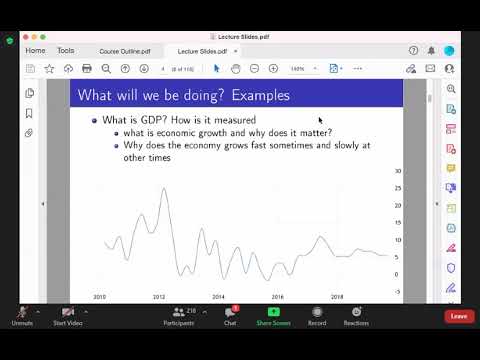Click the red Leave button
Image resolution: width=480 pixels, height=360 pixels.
[459, 316]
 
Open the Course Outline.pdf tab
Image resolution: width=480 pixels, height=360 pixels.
[123, 50]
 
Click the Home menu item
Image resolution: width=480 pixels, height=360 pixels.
[35, 50]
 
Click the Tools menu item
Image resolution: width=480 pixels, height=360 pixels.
[66, 50]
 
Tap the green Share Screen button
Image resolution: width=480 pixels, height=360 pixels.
[273, 316]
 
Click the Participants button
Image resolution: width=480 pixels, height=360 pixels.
[183, 316]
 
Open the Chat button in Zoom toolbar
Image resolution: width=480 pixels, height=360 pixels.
[230, 316]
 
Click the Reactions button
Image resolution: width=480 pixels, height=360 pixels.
[356, 316]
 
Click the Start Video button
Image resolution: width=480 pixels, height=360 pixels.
[68, 316]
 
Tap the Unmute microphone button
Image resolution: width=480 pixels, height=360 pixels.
[21, 316]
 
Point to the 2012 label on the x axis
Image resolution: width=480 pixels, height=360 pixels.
[159, 297]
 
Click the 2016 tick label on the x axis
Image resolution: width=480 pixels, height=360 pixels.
[278, 297]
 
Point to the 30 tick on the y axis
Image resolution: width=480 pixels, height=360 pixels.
[397, 172]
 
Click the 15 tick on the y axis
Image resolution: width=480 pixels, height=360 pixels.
[397, 223]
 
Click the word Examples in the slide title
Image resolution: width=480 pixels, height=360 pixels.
[256, 96]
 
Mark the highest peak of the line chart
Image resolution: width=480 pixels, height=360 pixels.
[163, 188]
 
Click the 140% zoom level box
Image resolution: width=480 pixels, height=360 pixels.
[298, 68]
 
